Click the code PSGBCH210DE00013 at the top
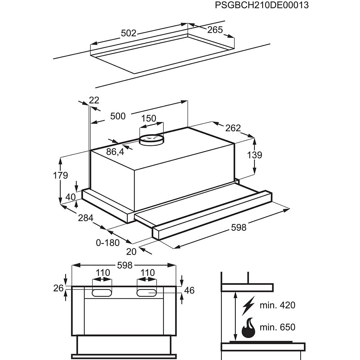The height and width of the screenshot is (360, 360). point(261,5)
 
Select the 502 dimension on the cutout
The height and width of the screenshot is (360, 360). point(129,33)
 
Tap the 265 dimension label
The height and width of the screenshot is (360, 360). point(215,30)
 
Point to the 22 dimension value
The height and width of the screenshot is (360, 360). point(94,100)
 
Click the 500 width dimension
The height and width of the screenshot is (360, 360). point(118,116)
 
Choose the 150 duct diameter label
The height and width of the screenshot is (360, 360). point(148,118)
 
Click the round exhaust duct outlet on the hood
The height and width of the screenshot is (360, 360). point(151,139)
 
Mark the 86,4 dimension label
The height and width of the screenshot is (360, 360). point(115,152)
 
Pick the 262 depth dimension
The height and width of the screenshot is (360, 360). point(233,128)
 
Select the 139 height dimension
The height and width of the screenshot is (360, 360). point(255,155)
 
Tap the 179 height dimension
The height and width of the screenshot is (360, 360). point(60,176)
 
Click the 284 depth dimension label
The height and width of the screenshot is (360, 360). point(86,218)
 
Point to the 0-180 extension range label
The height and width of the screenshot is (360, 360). point(108,243)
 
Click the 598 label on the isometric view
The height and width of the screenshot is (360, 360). point(238,227)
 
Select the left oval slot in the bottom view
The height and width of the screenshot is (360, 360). point(102,293)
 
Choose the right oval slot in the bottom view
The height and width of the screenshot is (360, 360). point(147,293)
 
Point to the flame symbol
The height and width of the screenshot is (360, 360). point(248,328)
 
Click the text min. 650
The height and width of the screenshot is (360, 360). point(277,327)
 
